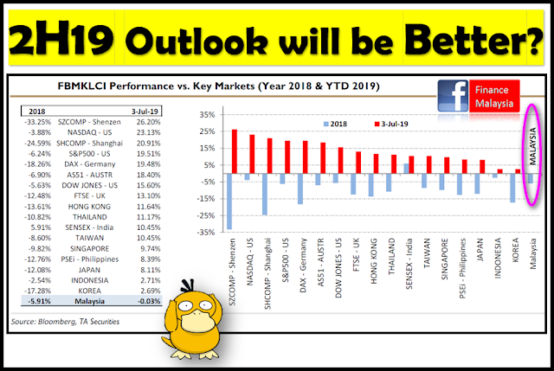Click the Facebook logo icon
point(453,96)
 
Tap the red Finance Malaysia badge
point(494,96)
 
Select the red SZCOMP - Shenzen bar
point(235,151)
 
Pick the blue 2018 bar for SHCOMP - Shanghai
point(265,195)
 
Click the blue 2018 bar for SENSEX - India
point(406,169)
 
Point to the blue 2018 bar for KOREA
point(512,188)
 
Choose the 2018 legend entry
point(335,124)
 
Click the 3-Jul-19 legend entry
point(391,124)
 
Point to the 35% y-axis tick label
point(207,115)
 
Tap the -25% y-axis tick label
point(206,215)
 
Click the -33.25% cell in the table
point(38,122)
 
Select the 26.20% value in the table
point(148,122)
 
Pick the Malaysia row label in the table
point(90,301)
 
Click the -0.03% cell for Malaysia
point(149,301)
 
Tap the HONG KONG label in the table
point(89,207)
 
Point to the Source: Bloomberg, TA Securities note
point(66,322)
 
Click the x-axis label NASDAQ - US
point(250,261)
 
